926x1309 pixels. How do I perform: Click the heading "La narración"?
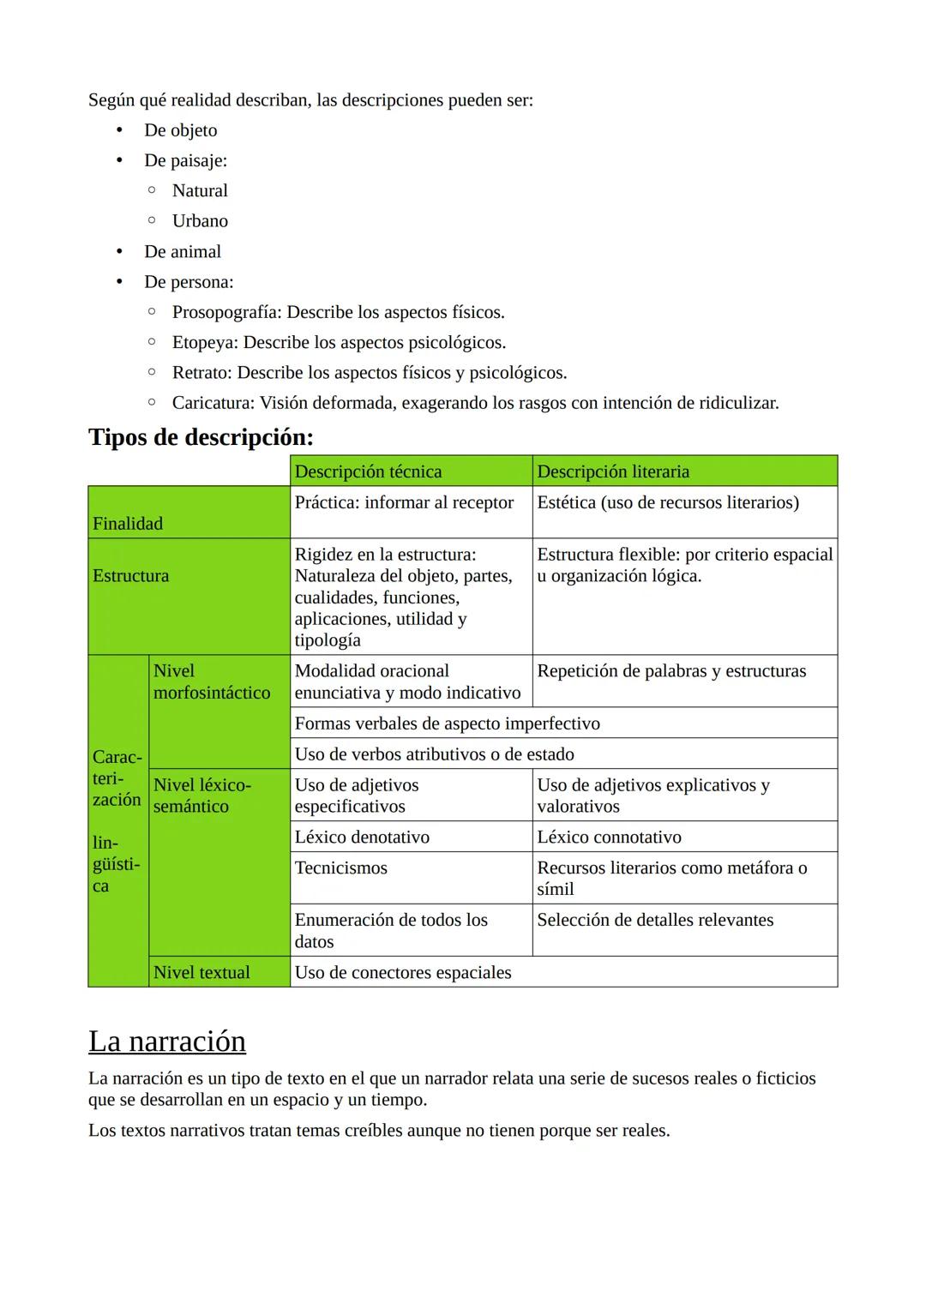[167, 1041]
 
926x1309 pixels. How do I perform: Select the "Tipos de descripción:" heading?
[201, 437]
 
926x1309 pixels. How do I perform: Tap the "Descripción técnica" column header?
[368, 471]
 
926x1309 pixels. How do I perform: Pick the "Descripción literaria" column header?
[612, 471]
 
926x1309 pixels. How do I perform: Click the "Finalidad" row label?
[128, 523]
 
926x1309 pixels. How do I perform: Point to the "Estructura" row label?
[130, 576]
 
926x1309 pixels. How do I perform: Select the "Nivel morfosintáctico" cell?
[212, 682]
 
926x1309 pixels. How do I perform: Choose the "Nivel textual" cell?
[201, 972]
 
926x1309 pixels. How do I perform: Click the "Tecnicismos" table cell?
[340, 868]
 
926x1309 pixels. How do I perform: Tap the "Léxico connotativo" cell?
[609, 837]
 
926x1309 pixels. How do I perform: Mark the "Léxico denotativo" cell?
[362, 837]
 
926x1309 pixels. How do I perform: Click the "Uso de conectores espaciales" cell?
[403, 972]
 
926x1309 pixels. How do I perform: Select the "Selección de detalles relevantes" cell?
[655, 920]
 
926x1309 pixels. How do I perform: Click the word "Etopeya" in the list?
[205, 342]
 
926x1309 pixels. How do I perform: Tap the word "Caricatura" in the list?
[213, 403]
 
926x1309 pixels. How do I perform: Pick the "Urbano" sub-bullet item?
[200, 221]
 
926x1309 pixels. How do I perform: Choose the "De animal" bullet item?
[183, 251]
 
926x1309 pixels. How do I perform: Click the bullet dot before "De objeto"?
[120, 130]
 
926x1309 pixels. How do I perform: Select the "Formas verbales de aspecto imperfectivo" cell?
[447, 724]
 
